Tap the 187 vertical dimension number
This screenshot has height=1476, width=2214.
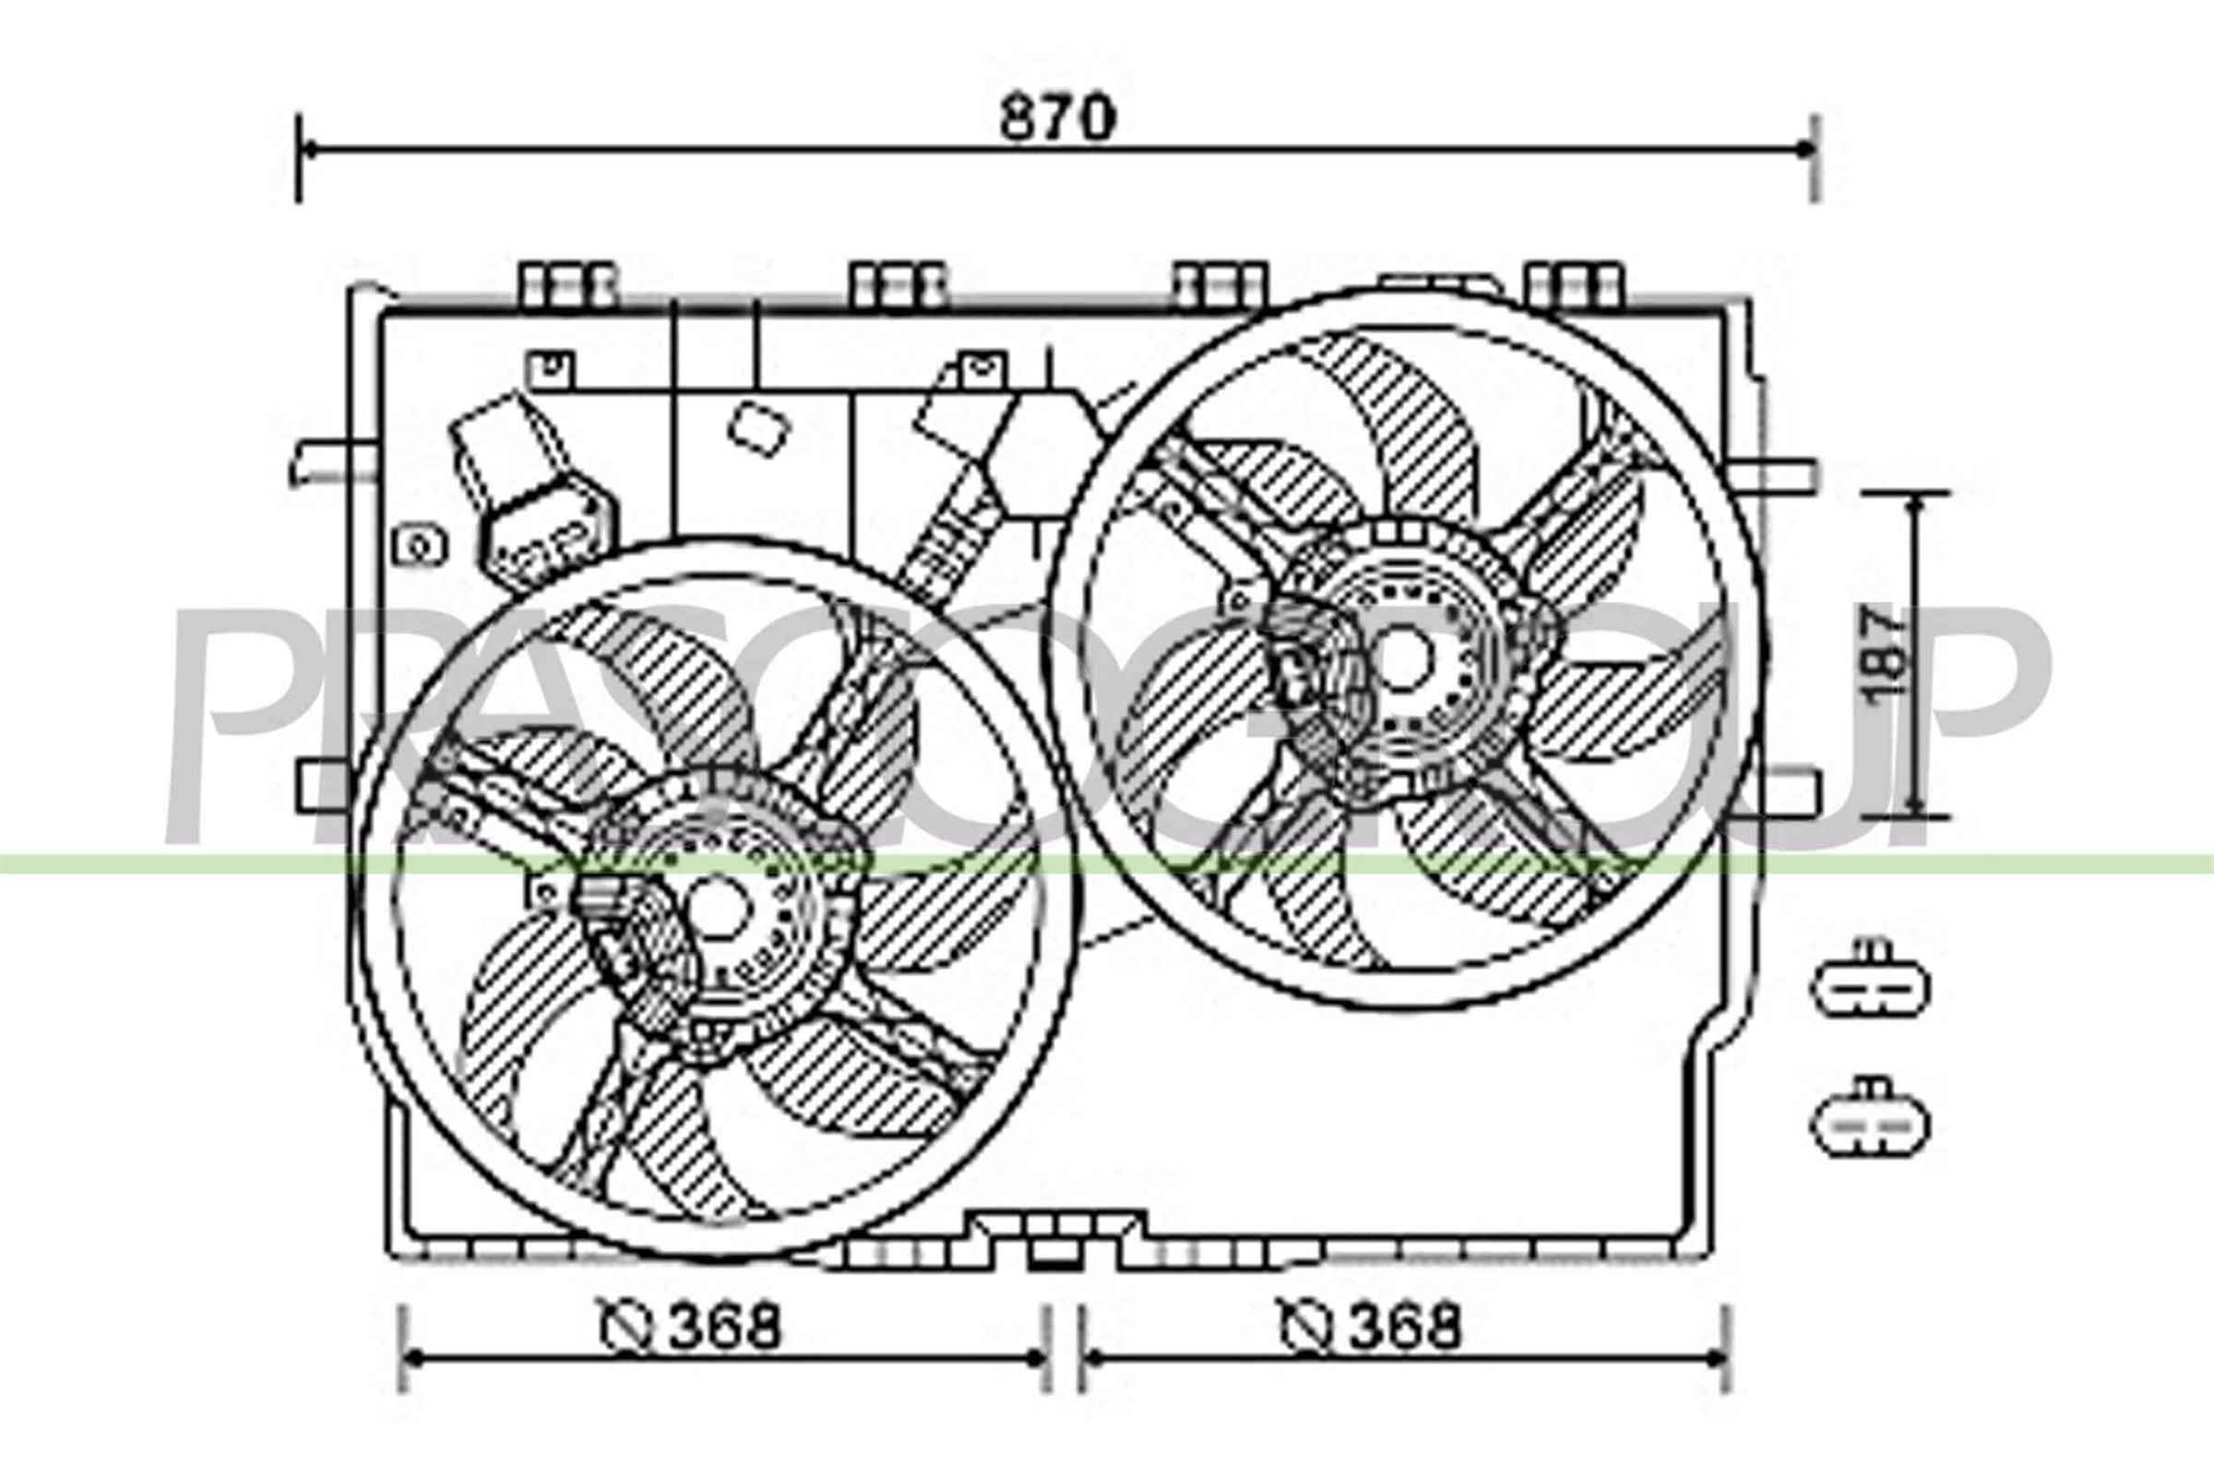click(1887, 654)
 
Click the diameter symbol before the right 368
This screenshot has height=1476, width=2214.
click(1306, 1327)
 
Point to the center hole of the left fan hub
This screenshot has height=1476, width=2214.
click(718, 908)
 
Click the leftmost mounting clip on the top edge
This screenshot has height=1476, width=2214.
click(568, 284)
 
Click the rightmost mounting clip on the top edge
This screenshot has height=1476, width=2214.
click(1576, 284)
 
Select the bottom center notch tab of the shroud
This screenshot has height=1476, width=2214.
click(1053, 1252)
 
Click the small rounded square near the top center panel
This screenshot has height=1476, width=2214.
click(757, 429)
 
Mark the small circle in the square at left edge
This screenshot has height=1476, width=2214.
click(419, 545)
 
